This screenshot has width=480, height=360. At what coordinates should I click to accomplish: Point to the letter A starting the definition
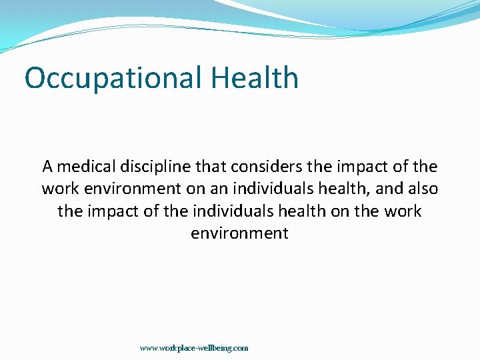47,166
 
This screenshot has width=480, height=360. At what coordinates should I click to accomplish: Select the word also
422,189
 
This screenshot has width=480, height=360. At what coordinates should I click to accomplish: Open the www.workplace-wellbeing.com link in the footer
194,348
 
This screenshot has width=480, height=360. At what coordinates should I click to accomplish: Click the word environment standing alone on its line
239,234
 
